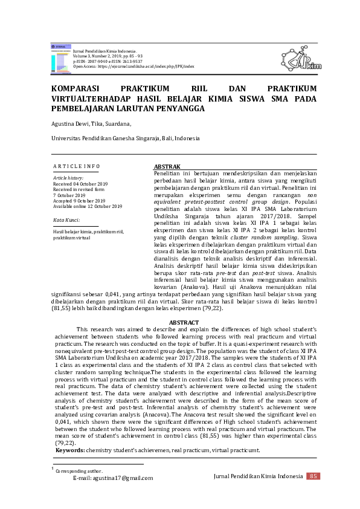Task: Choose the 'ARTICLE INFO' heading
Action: click(77, 166)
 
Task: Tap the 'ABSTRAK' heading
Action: click(167, 166)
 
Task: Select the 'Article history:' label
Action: click(68, 178)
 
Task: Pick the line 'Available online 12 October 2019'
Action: click(88, 207)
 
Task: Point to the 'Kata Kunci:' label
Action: click(66, 219)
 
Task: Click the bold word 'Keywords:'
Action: click(70, 450)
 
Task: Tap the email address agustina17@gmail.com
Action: click(113, 478)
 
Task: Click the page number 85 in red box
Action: click(313, 476)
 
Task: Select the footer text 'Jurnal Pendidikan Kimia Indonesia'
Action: click(259, 477)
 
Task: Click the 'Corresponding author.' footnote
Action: click(79, 471)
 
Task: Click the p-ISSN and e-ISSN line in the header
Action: click(108, 61)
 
